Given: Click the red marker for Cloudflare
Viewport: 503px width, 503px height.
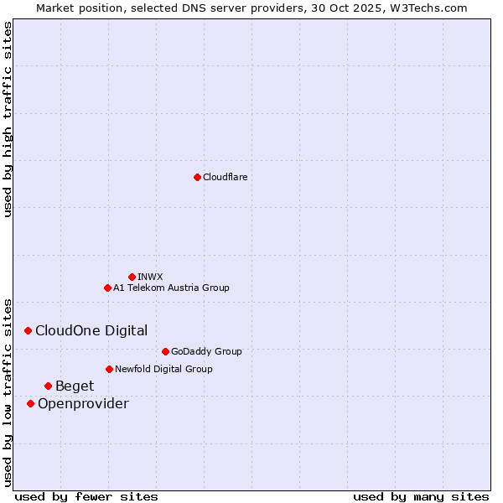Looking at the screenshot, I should (197, 177).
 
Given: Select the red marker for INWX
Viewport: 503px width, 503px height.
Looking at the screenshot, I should (132, 277).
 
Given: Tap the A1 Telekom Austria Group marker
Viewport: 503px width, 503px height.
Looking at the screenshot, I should (107, 288).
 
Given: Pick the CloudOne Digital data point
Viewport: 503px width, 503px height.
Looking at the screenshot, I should (28, 331).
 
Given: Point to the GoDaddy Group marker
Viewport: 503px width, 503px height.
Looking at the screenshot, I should (165, 351).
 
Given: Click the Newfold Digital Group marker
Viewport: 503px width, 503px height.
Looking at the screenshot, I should (109, 369).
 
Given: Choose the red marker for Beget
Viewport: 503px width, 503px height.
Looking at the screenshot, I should (48, 386).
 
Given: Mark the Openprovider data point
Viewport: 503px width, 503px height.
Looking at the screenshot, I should (30, 403).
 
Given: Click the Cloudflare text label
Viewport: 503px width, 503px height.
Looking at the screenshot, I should (226, 177).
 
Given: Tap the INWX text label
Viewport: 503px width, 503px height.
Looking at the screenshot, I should (150, 277).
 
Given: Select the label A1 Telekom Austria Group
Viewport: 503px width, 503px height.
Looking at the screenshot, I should (171, 288).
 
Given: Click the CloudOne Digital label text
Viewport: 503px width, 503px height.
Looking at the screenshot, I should (91, 331).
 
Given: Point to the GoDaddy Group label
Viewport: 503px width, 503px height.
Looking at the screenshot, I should (206, 351).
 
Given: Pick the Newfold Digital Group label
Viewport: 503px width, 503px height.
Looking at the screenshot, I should (163, 369).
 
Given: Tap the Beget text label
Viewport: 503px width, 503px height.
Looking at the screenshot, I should (75, 386).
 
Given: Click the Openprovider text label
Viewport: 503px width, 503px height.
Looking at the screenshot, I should (83, 404).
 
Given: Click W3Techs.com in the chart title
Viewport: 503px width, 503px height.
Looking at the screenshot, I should (427, 8).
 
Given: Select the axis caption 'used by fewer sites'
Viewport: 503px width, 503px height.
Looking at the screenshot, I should (86, 496).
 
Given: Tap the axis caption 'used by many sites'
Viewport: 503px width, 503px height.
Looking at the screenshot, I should (421, 496).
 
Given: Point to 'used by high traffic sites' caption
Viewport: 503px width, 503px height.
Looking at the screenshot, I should (8, 119).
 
